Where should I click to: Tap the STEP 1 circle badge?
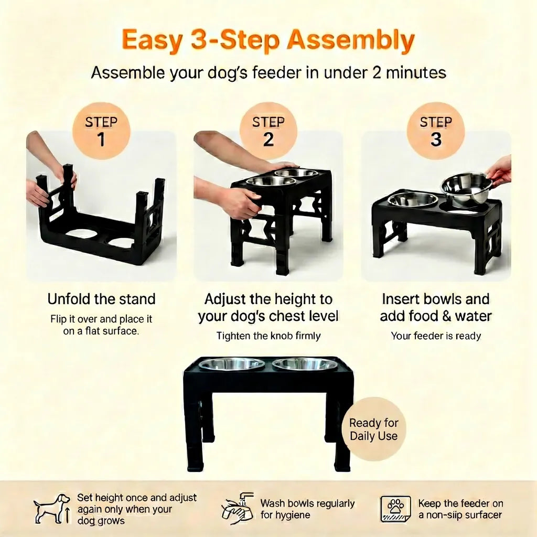click(101, 131)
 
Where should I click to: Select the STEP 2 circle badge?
click(268, 131)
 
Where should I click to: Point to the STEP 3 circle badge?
click(436, 131)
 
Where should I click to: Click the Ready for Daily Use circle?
click(374, 429)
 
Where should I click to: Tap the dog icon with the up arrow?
click(52, 509)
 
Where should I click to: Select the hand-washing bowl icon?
click(238, 509)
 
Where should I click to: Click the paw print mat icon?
click(395, 509)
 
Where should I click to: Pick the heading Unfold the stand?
click(101, 299)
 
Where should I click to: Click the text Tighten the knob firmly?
click(268, 336)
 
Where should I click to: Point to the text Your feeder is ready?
click(436, 336)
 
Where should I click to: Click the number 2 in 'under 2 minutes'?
click(377, 73)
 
